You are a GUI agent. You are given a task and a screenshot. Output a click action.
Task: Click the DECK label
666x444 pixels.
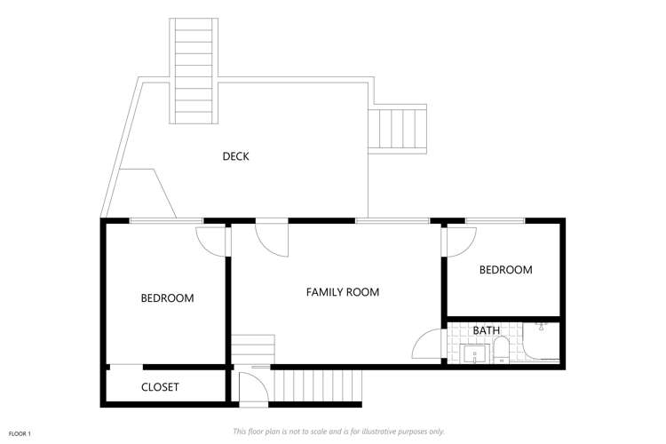pyautogui.click(x=235, y=156)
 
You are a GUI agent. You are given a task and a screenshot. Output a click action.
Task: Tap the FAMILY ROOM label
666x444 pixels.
pyautogui.click(x=343, y=291)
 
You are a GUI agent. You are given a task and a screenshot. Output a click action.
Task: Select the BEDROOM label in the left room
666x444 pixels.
pyautogui.click(x=167, y=298)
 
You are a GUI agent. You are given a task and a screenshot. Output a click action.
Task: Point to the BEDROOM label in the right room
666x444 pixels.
pyautogui.click(x=505, y=270)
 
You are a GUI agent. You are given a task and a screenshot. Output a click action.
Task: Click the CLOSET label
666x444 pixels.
pyautogui.click(x=160, y=387)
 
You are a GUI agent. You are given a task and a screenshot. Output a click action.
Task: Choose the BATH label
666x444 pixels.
pyautogui.click(x=486, y=330)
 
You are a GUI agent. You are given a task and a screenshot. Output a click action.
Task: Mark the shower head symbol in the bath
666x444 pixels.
pyautogui.click(x=541, y=328)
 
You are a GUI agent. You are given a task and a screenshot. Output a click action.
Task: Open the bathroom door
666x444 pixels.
pyautogui.click(x=428, y=345)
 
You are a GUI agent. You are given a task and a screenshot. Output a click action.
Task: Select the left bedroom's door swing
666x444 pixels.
pyautogui.click(x=211, y=240)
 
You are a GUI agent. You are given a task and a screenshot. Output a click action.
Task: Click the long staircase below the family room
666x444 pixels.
pyautogui.click(x=317, y=386)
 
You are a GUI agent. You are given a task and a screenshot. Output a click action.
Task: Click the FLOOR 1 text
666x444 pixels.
pyautogui.click(x=20, y=433)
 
